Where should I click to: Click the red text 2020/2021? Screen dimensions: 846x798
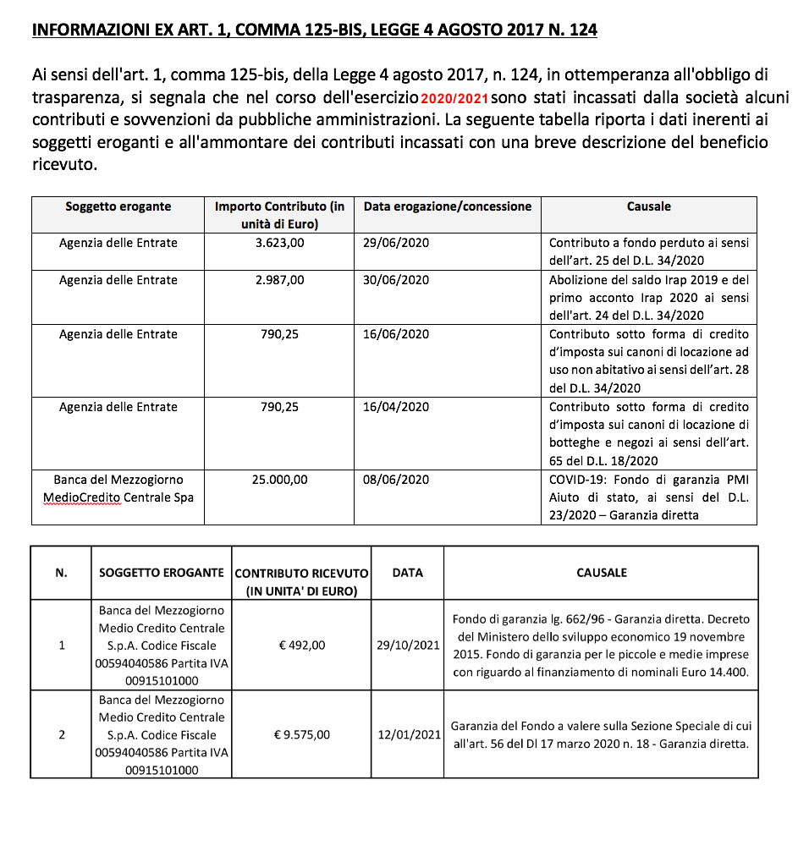point(455,99)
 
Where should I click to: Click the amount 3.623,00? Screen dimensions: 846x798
point(279,243)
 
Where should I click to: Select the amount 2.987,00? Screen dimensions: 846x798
point(279,280)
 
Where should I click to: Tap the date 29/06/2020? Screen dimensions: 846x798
point(396,243)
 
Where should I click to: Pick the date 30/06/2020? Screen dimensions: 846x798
point(396,280)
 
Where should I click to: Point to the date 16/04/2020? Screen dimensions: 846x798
point(396,407)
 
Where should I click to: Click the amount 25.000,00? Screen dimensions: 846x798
point(279,480)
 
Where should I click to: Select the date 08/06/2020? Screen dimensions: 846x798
point(396,480)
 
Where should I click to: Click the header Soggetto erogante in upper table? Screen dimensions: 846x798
point(118,206)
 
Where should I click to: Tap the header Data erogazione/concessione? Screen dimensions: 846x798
point(448,206)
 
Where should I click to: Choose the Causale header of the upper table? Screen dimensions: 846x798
point(649,206)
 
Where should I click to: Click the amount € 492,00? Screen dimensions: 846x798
point(302,645)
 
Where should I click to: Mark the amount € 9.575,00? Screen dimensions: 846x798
point(302,734)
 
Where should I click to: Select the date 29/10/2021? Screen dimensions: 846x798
point(408,645)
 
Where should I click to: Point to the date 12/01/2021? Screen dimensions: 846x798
point(408,734)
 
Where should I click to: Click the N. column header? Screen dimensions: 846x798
point(61,573)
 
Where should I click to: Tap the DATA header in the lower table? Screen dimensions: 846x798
point(408,573)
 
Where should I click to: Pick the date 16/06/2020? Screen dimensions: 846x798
point(396,334)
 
